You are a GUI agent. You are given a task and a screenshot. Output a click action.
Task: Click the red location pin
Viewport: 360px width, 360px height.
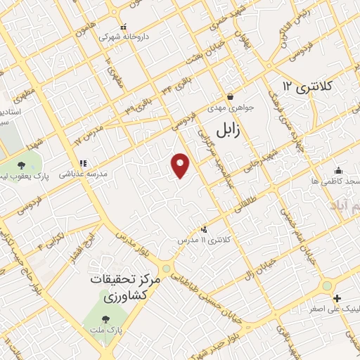[x=181, y=165]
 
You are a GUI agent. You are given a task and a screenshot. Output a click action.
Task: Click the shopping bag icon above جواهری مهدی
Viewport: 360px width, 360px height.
[x=229, y=97]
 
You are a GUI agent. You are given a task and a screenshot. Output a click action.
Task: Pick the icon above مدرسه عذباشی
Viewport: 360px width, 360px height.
[x=82, y=162]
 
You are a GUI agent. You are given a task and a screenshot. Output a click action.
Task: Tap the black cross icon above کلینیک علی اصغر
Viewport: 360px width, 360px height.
[x=337, y=299]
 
